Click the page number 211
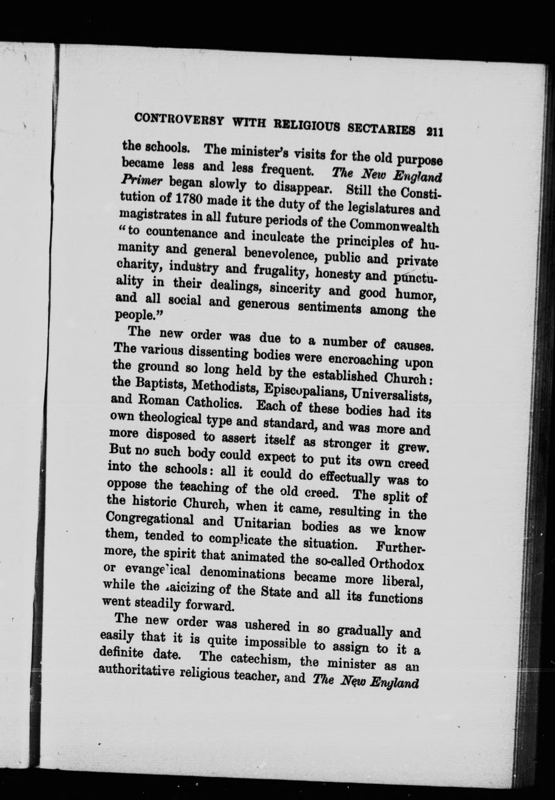(x=434, y=132)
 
